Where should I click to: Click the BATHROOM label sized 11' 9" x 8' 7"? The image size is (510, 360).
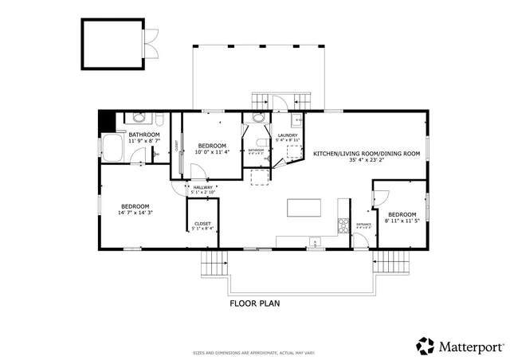click(x=144, y=135)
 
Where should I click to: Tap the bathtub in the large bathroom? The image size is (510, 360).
click(x=111, y=147)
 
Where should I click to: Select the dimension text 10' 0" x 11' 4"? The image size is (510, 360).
click(x=213, y=152)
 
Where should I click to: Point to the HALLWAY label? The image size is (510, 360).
click(x=203, y=187)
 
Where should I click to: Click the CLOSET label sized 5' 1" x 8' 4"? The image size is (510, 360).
click(x=202, y=224)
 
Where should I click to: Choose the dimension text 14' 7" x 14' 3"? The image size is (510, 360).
click(x=135, y=213)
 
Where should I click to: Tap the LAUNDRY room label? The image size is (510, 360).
click(x=287, y=135)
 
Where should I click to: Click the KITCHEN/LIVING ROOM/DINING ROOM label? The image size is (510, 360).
click(x=366, y=153)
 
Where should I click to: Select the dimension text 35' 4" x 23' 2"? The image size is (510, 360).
click(x=366, y=160)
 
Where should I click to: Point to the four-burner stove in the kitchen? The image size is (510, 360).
click(x=344, y=224)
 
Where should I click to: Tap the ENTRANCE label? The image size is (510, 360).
click(x=363, y=225)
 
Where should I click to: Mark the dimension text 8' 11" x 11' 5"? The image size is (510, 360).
click(x=402, y=221)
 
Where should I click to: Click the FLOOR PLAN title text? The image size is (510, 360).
click(x=254, y=303)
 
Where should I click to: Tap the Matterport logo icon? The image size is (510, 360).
click(x=426, y=346)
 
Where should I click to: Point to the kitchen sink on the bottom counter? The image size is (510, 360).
click(x=316, y=243)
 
